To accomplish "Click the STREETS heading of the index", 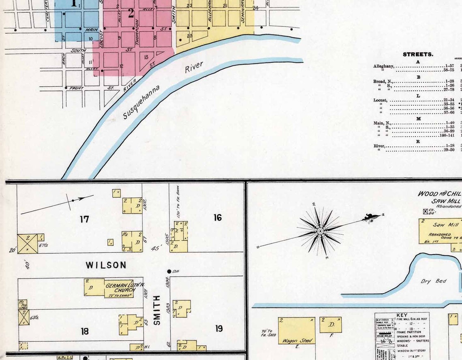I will pyautogui.click(x=418, y=54).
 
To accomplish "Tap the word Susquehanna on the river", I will pyautogui.click(x=141, y=103).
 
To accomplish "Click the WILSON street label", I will pyautogui.click(x=106, y=265).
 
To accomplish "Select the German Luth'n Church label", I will pyautogui.click(x=119, y=288).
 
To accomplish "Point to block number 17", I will pyautogui.click(x=84, y=219).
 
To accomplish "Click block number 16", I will pyautogui.click(x=218, y=218).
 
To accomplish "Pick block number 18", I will pyautogui.click(x=84, y=331).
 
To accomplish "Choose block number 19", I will pyautogui.click(x=219, y=328).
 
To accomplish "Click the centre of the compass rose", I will pyautogui.click(x=320, y=231).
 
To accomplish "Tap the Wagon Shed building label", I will pyautogui.click(x=297, y=341).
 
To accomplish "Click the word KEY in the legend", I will pyautogui.click(x=402, y=315).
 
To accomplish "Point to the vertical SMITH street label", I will pyautogui.click(x=157, y=310).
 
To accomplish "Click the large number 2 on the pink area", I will pyautogui.click(x=131, y=13).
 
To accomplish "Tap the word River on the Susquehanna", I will pyautogui.click(x=194, y=67).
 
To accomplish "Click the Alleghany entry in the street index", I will pyautogui.click(x=383, y=66).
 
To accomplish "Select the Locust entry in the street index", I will pyautogui.click(x=381, y=100).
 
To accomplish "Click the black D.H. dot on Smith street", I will pyautogui.click(x=169, y=271).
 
